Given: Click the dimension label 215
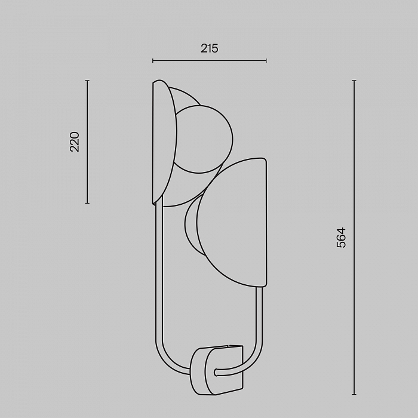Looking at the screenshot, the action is pyautogui.click(x=209, y=48).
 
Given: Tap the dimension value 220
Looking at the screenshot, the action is pyautogui.click(x=75, y=142).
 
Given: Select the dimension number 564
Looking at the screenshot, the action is pyautogui.click(x=341, y=238).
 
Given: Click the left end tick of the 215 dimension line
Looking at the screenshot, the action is pyautogui.click(x=153, y=61).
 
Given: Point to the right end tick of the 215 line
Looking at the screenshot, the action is pyautogui.click(x=266, y=61).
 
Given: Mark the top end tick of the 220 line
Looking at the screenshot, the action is pyautogui.click(x=87, y=80).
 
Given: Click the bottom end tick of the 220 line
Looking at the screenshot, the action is pyautogui.click(x=87, y=203).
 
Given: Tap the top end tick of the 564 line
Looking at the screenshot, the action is pyautogui.click(x=354, y=80).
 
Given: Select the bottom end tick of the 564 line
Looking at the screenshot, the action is pyautogui.click(x=354, y=394).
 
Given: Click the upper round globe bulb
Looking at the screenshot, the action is pyautogui.click(x=204, y=139).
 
